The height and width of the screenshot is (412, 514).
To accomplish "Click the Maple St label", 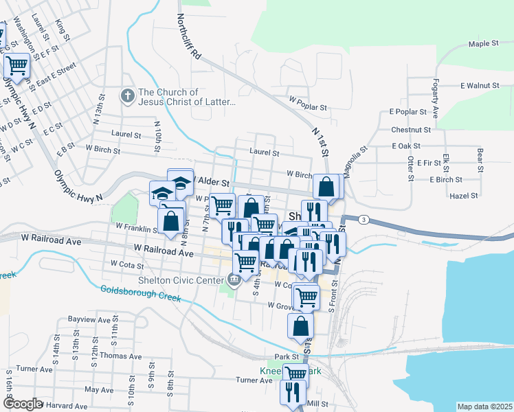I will click(483, 44).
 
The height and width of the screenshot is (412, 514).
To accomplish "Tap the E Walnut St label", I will click(479, 86).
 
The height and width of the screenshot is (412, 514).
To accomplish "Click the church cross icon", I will click(127, 96).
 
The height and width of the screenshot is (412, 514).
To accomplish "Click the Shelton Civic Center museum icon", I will click(234, 279).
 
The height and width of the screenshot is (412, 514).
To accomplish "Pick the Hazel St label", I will click(463, 196).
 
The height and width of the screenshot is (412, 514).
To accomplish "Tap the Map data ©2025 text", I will click(484, 407).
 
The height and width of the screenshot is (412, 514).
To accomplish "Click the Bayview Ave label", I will click(89, 320).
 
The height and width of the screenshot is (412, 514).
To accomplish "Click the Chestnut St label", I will click(410, 129).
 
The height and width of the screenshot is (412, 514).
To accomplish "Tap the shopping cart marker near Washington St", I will click(16, 65).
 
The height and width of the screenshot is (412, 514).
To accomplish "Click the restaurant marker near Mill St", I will click(294, 392).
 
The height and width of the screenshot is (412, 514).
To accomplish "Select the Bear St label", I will click(480, 159).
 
